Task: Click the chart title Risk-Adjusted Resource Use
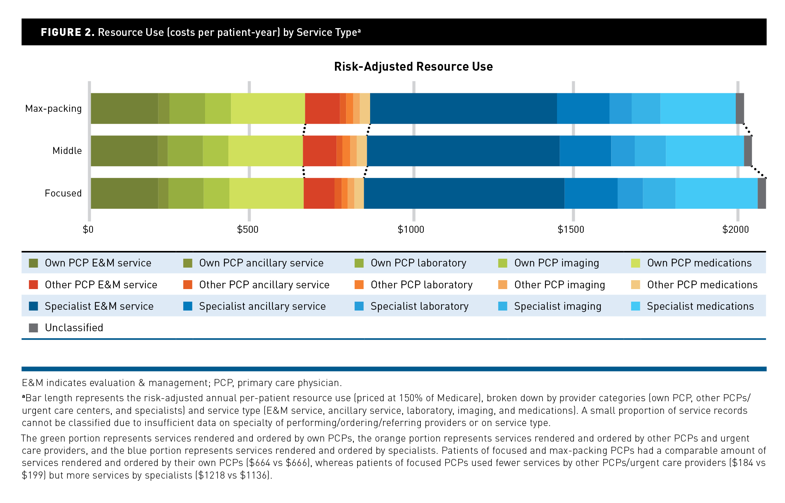click(x=413, y=67)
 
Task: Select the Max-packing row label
click(x=53, y=109)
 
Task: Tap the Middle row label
click(x=67, y=151)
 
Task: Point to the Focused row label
click(x=63, y=193)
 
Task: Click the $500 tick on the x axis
click(x=248, y=229)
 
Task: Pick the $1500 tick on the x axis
click(x=571, y=229)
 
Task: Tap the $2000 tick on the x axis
click(x=735, y=229)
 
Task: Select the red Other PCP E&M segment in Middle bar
click(x=319, y=151)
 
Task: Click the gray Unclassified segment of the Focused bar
click(x=762, y=193)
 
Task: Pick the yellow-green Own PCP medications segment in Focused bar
click(x=266, y=193)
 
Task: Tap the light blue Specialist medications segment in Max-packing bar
click(x=698, y=108)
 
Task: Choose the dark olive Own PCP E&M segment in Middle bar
click(x=124, y=151)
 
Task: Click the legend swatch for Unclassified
click(x=33, y=328)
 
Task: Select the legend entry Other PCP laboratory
click(x=421, y=285)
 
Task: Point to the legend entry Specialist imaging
click(x=557, y=306)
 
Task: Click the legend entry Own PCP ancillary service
click(x=261, y=263)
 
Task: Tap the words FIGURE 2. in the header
click(x=68, y=32)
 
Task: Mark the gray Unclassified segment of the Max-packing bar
click(x=739, y=108)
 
